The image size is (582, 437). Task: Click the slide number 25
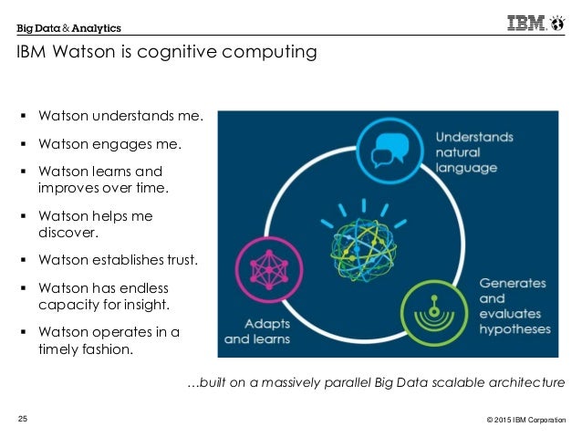[x=23, y=419]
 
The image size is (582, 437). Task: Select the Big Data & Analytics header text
[x=68, y=28]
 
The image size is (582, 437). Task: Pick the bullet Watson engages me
[x=109, y=143]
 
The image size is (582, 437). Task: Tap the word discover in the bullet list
[x=68, y=234]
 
